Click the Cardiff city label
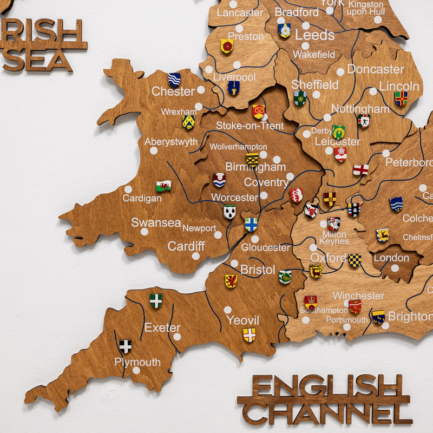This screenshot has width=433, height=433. pyautogui.click(x=186, y=246)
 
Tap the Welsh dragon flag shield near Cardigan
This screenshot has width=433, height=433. pyautogui.click(x=163, y=186)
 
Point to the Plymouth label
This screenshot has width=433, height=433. pyautogui.click(x=137, y=362)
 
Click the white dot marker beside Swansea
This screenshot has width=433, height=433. pyautogui.click(x=145, y=232)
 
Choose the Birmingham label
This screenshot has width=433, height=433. pyautogui.click(x=255, y=167)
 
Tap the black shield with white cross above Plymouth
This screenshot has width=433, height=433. pyautogui.click(x=126, y=346)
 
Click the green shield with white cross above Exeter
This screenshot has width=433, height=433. pyautogui.click(x=156, y=300)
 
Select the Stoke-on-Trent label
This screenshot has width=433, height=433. pyautogui.click(x=250, y=126)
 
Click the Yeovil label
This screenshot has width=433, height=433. pyautogui.click(x=243, y=320)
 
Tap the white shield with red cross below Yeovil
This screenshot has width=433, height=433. pyautogui.click(x=249, y=335)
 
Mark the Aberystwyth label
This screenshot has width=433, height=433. pyautogui.click(x=171, y=142)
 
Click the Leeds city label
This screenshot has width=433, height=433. pyautogui.click(x=314, y=35)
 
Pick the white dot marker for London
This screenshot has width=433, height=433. pyautogui.click(x=395, y=268)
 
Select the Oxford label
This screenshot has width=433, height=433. pyautogui.click(x=328, y=258)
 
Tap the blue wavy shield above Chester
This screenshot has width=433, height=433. pyautogui.click(x=174, y=80)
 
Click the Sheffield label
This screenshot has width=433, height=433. pyautogui.click(x=315, y=85)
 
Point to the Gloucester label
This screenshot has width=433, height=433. pyautogui.click(x=266, y=247)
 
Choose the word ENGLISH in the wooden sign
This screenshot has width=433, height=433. pyautogui.click(x=329, y=386)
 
